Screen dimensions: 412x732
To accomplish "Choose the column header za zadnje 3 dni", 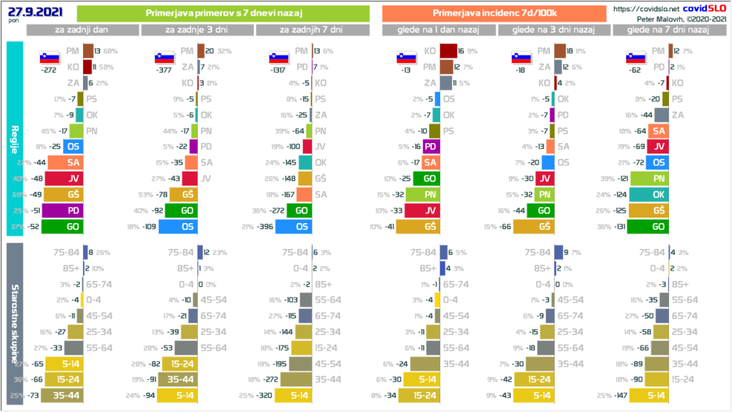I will point(197,29).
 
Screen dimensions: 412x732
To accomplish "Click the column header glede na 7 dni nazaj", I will point(667,29).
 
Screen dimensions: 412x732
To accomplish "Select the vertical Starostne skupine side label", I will point(14,323).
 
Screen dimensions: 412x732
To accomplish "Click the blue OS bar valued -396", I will point(293,227).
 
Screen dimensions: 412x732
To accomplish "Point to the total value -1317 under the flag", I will point(280,71).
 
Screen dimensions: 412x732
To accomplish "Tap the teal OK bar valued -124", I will point(650,195).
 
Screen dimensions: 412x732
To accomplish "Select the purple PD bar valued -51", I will point(63,210).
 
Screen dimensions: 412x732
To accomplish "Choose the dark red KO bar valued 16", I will point(448,51).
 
